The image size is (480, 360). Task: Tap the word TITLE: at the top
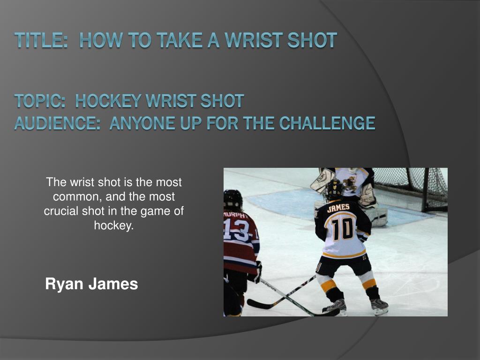[x=39, y=40]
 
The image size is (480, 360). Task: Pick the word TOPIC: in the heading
[x=41, y=100]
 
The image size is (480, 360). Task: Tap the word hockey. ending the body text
[x=114, y=225]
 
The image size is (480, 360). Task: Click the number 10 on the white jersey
[x=342, y=230]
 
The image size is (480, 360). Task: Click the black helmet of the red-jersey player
[x=233, y=199]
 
